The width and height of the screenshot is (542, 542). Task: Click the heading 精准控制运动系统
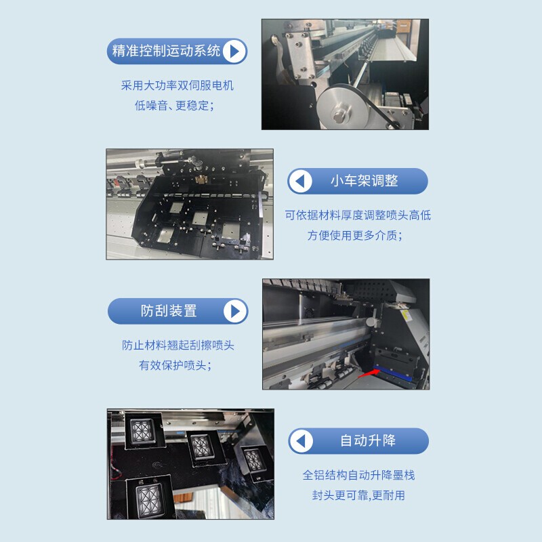[x=167, y=51]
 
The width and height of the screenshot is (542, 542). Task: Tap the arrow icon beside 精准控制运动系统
[x=234, y=51]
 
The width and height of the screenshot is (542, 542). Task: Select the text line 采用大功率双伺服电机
[x=178, y=86]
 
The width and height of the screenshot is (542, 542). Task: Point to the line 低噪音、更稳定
[x=175, y=106]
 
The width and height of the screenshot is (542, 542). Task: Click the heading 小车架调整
[x=364, y=182]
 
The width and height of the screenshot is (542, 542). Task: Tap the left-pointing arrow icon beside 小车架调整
[x=301, y=182]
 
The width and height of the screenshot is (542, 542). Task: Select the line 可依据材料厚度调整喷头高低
[x=358, y=215]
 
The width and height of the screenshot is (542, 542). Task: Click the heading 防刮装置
[x=169, y=311]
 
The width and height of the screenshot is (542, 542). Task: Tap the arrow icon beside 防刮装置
[x=234, y=311]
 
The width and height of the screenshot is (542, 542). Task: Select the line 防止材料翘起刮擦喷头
[x=178, y=345]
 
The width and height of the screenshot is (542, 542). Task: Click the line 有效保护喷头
[x=175, y=365]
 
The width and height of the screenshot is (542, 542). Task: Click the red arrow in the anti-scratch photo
[x=369, y=371]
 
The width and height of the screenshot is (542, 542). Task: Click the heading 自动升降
[x=368, y=441]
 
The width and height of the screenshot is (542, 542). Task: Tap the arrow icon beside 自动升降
[x=301, y=441]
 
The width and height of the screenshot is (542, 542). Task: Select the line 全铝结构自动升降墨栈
[x=358, y=475]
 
